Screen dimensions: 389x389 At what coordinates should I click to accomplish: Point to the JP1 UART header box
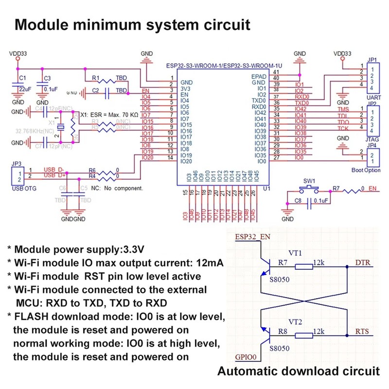pyautogui.click(x=372, y=77)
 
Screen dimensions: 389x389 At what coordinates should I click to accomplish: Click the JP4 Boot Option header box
pyautogui.click(x=372, y=156)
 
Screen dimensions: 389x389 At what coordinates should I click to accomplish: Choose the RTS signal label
pyautogui.click(x=362, y=332)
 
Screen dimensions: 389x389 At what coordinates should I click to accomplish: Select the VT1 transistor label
pyautogui.click(x=295, y=253)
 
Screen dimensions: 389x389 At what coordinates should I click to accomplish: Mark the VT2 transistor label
pyautogui.click(x=295, y=321)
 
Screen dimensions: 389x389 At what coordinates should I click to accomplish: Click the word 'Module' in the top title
pyautogui.click(x=42, y=25)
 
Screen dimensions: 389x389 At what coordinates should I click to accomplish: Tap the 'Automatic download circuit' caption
pyautogui.click(x=298, y=371)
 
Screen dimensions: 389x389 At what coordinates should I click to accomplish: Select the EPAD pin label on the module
pyautogui.click(x=258, y=77)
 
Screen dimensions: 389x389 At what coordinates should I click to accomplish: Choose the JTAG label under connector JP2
pyautogui.click(x=371, y=139)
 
